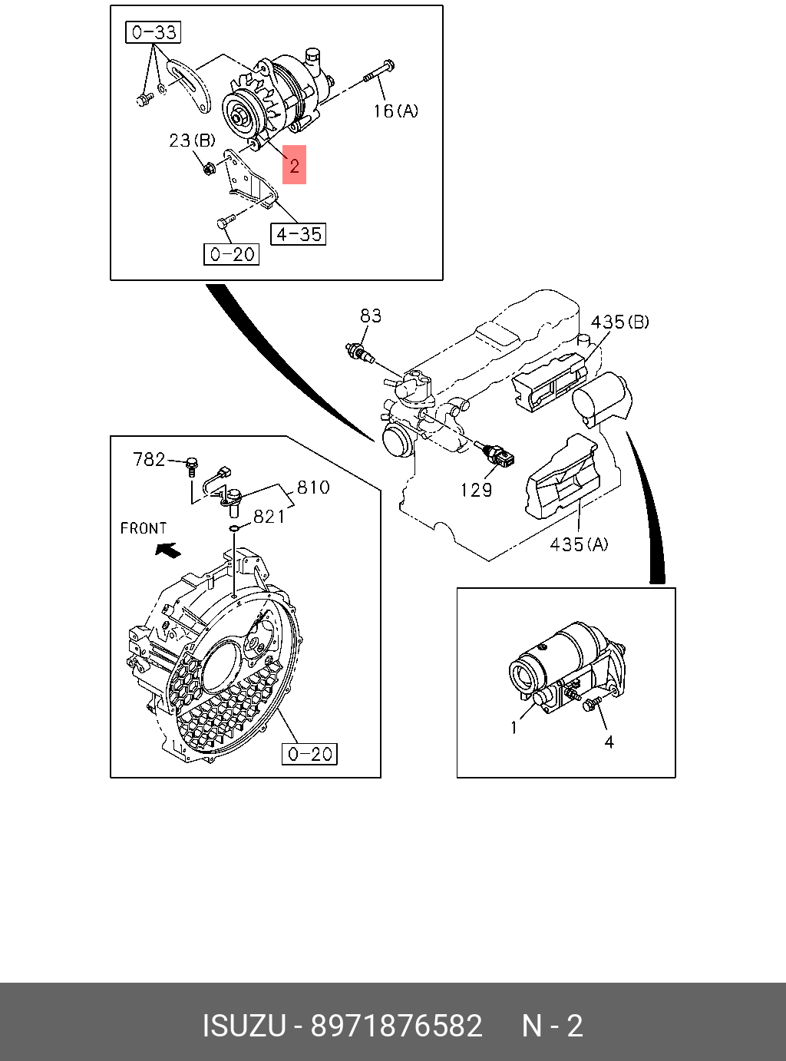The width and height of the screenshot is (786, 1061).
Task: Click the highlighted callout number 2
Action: [294, 165]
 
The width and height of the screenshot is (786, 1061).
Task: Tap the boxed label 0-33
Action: [154, 32]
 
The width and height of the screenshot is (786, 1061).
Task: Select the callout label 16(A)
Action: [396, 111]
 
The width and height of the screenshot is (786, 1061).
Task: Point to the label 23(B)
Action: [192, 140]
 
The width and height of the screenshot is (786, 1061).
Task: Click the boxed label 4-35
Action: [299, 233]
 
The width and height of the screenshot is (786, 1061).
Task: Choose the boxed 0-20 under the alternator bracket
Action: [232, 254]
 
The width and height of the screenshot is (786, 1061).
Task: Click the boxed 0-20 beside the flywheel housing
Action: [310, 754]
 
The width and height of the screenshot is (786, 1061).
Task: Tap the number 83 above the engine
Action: [371, 316]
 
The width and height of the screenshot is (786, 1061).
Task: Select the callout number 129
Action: [476, 490]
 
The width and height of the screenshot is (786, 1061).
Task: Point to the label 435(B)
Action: [619, 322]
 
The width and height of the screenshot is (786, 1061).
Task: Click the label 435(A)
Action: [579, 544]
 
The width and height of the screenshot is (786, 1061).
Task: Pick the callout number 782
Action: [149, 459]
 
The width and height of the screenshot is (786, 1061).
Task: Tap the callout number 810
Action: [313, 488]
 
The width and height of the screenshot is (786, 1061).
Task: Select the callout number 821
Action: [269, 517]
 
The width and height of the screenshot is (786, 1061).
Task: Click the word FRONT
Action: [144, 528]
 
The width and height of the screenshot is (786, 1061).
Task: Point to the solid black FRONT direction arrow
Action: [168, 549]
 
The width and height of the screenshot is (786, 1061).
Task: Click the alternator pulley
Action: [237, 115]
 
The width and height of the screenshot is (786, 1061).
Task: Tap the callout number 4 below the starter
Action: [609, 742]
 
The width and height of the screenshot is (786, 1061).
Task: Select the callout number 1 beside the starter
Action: [514, 727]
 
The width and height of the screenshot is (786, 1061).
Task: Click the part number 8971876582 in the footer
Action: [396, 1026]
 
